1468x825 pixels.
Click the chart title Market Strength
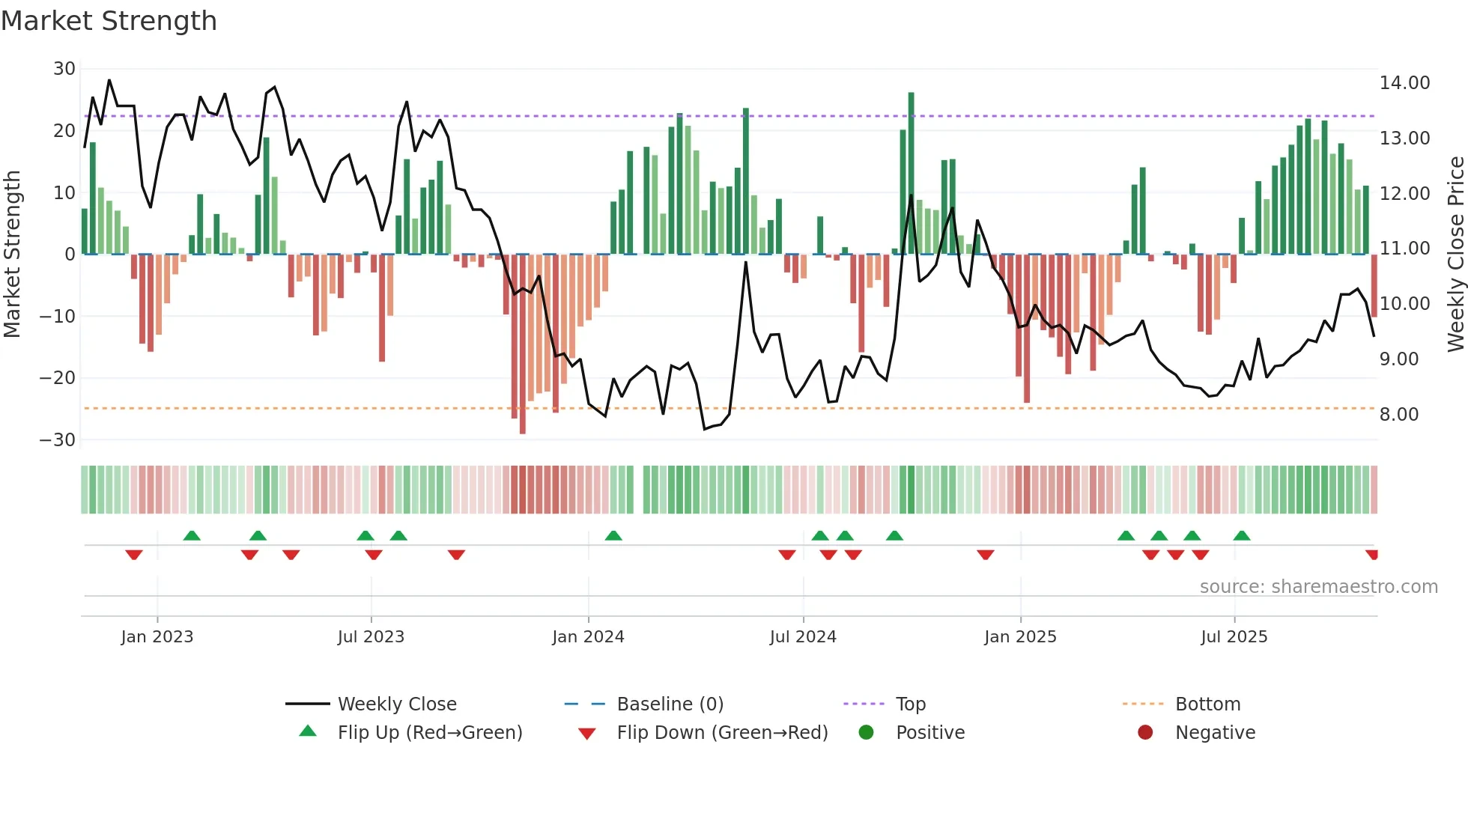pos(109,21)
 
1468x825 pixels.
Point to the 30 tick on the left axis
pos(64,69)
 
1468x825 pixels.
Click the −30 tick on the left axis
pos(58,440)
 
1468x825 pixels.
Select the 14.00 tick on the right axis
pos(1404,83)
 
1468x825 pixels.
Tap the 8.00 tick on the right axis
pos(1399,415)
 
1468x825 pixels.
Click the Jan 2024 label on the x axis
pos(588,637)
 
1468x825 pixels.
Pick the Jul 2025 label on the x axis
pos(1234,637)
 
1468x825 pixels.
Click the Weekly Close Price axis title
pos(1455,255)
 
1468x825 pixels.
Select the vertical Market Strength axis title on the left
pos(12,255)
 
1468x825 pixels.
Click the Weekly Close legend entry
pos(396,704)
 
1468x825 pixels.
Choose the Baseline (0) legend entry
pos(670,704)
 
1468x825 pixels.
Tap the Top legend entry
pos(910,704)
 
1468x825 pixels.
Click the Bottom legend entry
pos(1207,704)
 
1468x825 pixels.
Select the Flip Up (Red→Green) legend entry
pos(429,733)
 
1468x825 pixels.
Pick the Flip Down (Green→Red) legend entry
pos(722,733)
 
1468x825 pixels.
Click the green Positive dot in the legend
pos(867,733)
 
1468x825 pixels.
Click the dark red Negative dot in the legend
pos(1145,733)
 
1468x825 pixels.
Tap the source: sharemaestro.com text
pos(1318,587)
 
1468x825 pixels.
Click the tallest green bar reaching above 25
pos(912,172)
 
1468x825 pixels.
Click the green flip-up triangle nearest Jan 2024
pos(613,535)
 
